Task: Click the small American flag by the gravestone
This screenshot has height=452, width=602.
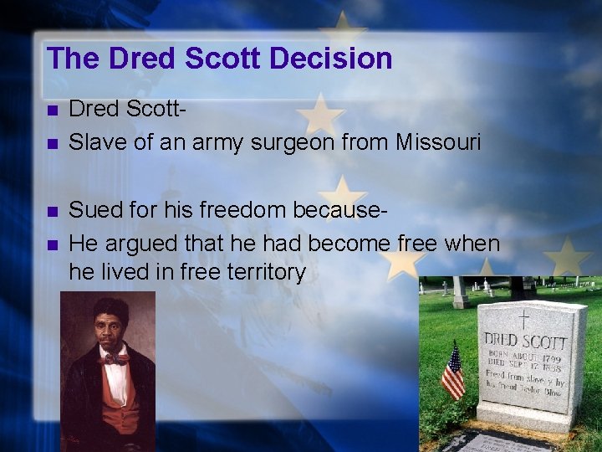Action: [452, 372]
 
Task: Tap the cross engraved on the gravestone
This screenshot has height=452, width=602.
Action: [524, 319]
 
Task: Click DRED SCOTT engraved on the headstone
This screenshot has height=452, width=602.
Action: [525, 342]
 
